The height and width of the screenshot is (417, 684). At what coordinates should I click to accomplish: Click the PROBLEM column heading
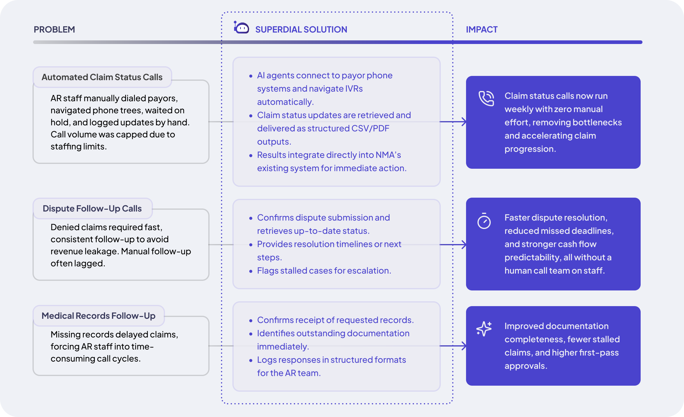[54, 30]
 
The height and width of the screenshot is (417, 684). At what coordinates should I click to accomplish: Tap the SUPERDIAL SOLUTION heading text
[301, 30]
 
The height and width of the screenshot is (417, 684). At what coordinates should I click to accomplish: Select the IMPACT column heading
[482, 30]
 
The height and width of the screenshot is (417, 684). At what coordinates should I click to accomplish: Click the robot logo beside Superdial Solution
[241, 27]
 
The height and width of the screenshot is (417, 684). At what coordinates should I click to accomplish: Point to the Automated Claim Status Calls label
[102, 77]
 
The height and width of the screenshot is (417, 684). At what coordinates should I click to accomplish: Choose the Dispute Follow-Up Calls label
[92, 208]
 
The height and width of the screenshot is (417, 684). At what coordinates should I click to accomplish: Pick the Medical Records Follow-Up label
[98, 316]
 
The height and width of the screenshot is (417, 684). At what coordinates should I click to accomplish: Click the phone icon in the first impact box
[486, 98]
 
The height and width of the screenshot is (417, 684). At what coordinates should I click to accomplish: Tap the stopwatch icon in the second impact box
[484, 221]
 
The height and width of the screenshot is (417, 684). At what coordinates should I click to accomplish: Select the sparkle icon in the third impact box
[484, 328]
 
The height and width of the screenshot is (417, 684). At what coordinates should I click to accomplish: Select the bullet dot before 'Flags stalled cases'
[251, 271]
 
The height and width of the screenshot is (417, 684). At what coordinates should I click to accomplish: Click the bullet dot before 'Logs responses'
[251, 360]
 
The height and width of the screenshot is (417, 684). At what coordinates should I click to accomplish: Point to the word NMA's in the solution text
[388, 155]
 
